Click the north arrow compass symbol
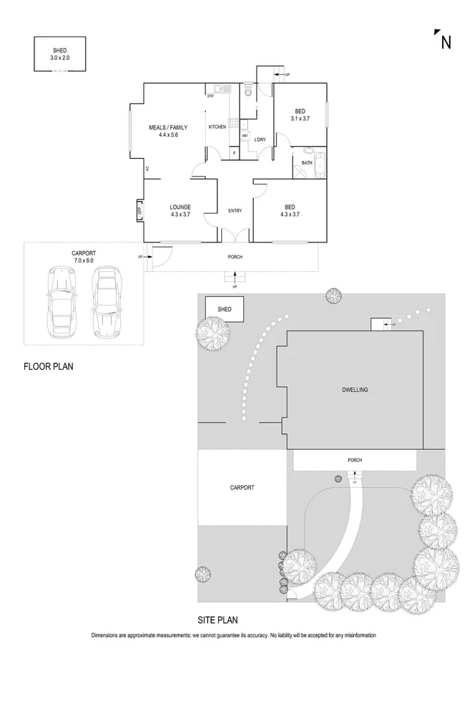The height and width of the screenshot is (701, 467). [443, 41]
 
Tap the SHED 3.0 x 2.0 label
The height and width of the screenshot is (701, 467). [59, 54]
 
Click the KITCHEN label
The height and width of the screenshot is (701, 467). [217, 127]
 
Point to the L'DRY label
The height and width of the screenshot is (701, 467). [260, 139]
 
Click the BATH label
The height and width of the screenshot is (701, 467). [306, 163]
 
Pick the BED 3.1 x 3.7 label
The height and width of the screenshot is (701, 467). [300, 114]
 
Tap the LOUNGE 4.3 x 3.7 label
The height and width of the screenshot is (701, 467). [180, 210]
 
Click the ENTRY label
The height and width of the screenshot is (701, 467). [235, 210]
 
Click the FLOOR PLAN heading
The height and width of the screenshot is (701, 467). [49, 367]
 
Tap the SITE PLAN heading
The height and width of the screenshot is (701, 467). [217, 620]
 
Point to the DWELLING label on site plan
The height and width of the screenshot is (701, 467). [355, 390]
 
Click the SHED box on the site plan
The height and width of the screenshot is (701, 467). [224, 308]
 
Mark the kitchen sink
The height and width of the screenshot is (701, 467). [221, 89]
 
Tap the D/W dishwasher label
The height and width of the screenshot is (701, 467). [211, 97]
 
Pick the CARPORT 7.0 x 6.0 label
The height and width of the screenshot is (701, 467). [83, 257]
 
